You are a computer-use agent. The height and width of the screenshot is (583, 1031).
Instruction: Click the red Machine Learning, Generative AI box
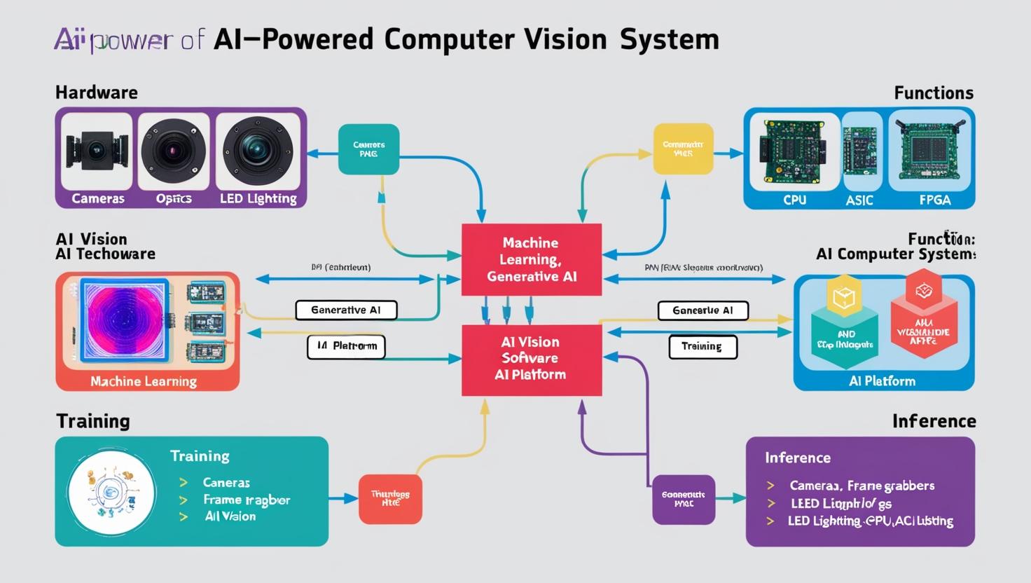(x=531, y=260)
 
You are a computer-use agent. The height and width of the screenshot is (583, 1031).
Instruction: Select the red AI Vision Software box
(x=531, y=359)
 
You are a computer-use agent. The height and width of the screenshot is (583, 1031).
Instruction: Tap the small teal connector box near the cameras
(x=368, y=149)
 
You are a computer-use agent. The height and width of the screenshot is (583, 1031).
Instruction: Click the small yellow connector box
(x=683, y=149)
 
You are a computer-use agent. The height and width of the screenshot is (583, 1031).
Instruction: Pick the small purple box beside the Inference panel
(x=684, y=499)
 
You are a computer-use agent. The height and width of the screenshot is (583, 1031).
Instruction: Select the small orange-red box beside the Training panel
(x=390, y=499)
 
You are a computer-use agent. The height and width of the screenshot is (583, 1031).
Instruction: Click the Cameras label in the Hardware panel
(x=98, y=198)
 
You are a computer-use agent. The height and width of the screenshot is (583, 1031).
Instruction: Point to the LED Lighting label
(x=258, y=198)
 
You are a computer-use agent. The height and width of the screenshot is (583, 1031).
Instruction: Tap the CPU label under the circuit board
(x=794, y=200)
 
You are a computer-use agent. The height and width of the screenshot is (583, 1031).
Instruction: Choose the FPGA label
(x=934, y=200)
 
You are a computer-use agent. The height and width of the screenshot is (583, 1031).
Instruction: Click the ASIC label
(x=859, y=200)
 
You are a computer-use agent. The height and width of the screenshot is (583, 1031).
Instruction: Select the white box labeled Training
(x=703, y=346)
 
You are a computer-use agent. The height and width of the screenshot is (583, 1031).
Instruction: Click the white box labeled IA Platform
(x=346, y=346)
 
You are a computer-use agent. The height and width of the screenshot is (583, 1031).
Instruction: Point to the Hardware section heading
(x=97, y=92)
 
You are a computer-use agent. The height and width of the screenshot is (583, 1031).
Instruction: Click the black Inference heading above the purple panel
(x=934, y=421)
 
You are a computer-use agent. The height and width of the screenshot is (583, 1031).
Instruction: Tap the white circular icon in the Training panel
(x=112, y=493)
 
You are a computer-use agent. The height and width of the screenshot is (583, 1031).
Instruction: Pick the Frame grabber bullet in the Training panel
(x=246, y=500)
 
